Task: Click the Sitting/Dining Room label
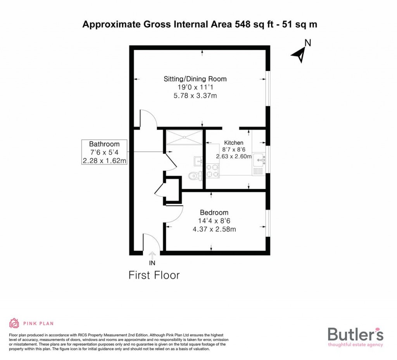coord(195,79)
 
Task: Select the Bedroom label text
coord(214,213)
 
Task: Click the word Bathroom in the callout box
coord(104,144)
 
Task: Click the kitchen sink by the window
coord(259,159)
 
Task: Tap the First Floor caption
coord(154,275)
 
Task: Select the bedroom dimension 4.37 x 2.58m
coord(214,229)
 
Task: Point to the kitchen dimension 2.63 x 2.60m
coord(234,156)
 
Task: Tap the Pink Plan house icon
coord(14,323)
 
